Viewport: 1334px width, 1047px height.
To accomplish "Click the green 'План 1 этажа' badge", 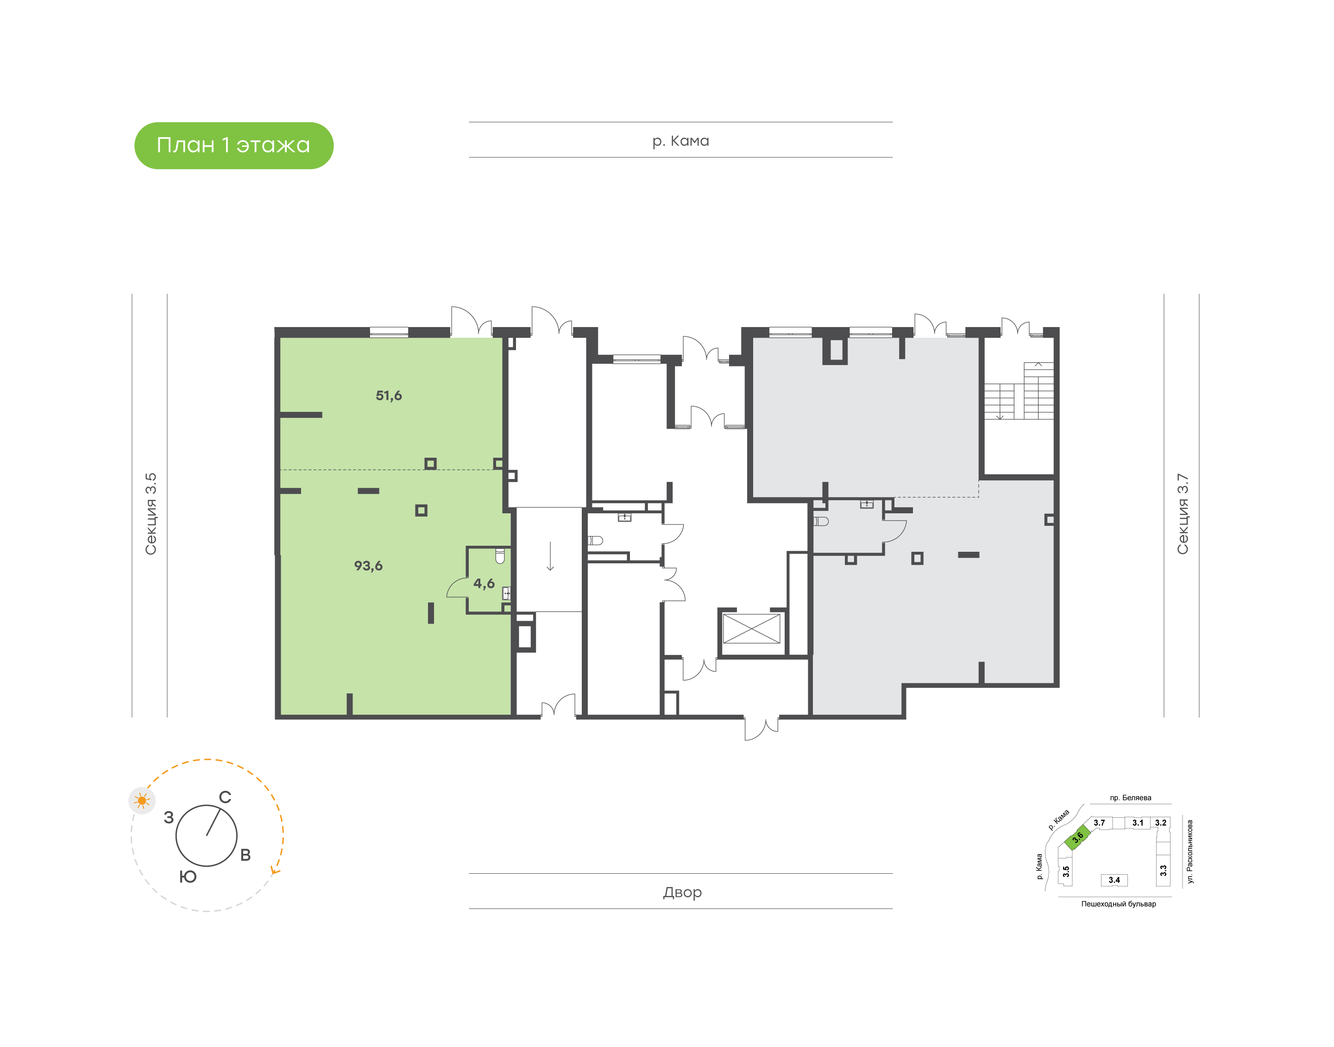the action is click(x=233, y=145).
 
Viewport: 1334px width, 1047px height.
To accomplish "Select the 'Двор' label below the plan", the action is click(x=682, y=893).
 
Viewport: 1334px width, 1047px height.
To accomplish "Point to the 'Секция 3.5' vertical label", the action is click(x=151, y=514).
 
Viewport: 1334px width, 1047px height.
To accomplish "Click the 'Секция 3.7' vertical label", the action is click(x=1182, y=514).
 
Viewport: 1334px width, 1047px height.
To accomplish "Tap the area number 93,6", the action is click(x=368, y=566).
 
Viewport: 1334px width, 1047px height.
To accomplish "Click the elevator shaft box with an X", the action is click(x=751, y=628).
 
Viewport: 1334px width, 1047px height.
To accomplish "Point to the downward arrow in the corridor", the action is click(x=550, y=556).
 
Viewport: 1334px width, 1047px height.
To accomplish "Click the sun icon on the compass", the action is click(x=142, y=800).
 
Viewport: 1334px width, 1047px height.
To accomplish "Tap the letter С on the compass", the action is click(x=225, y=797).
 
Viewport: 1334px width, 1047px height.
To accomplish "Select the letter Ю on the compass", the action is click(x=188, y=877).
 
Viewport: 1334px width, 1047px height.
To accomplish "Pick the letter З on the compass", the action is click(x=169, y=817).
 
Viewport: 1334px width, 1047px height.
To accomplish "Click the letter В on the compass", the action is click(x=245, y=855).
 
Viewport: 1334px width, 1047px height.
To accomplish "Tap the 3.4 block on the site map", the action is click(x=1114, y=880).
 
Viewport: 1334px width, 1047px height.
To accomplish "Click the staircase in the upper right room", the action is click(x=1019, y=391).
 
